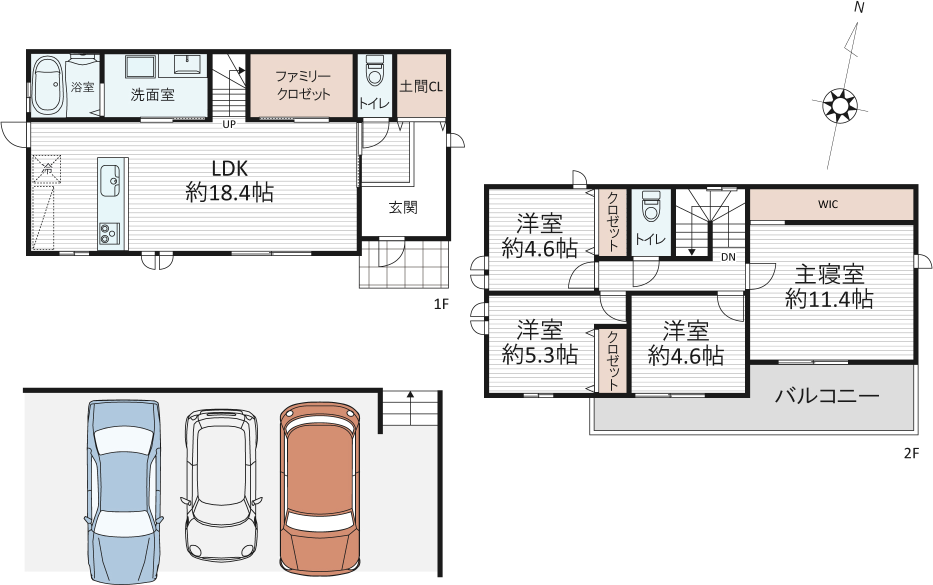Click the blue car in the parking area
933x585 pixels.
(123, 492)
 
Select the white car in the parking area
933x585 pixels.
(221, 484)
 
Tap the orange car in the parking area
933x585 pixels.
(320, 488)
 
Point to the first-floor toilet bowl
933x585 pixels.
(374, 70)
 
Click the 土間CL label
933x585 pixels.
(421, 86)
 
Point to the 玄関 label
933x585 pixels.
(403, 207)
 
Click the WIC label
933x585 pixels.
(828, 204)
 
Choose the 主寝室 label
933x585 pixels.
(829, 274)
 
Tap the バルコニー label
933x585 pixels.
(827, 396)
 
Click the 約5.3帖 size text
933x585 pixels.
(540, 354)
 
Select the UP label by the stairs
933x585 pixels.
(229, 124)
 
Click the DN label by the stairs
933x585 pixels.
(728, 257)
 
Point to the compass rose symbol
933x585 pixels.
(840, 105)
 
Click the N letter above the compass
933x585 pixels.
(859, 7)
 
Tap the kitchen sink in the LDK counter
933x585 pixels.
(110, 180)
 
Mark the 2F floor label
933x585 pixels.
(911, 453)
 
